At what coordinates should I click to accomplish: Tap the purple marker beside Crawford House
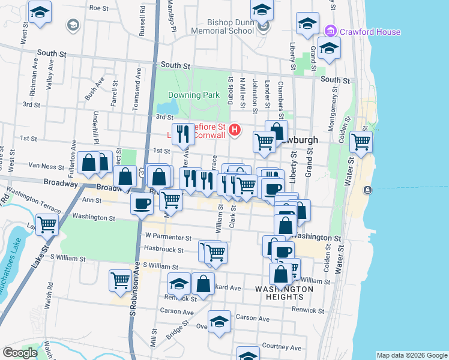click(330, 31)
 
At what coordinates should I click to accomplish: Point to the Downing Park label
click(193, 95)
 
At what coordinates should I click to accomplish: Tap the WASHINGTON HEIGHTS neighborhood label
click(284, 293)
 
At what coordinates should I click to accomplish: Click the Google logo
click(20, 352)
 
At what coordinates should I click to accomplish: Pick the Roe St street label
click(98, 8)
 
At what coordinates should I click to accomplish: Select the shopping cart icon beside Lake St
click(46, 224)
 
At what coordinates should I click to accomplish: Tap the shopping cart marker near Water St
click(361, 142)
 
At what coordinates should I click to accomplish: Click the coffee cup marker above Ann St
click(142, 203)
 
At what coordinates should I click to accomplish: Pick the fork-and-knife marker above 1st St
click(182, 134)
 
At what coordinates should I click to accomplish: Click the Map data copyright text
click(412, 355)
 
